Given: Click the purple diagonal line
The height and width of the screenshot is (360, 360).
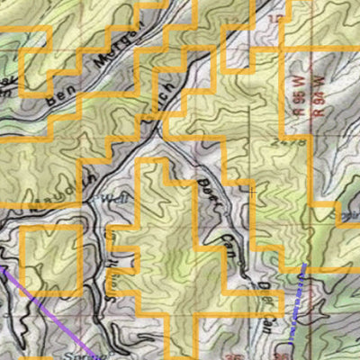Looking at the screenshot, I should (x=49, y=308).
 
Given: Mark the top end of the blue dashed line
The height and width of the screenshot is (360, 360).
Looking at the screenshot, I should (x=305, y=265).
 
